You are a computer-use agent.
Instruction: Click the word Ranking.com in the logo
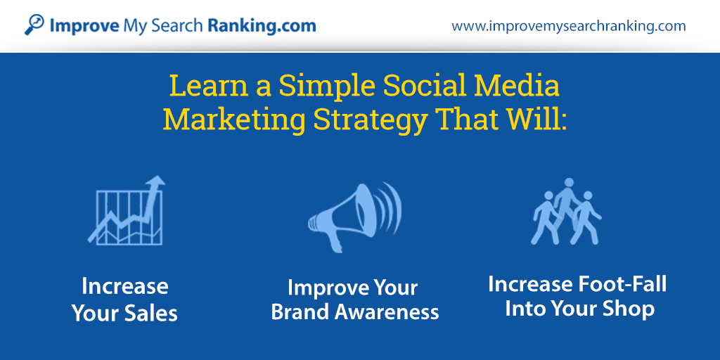coord(262,26)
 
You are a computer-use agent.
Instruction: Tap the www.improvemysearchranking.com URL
coord(568,27)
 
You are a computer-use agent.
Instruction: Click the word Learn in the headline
coord(201,86)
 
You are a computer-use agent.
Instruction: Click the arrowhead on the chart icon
coord(156,184)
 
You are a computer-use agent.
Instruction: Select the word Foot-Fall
coord(622,284)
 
